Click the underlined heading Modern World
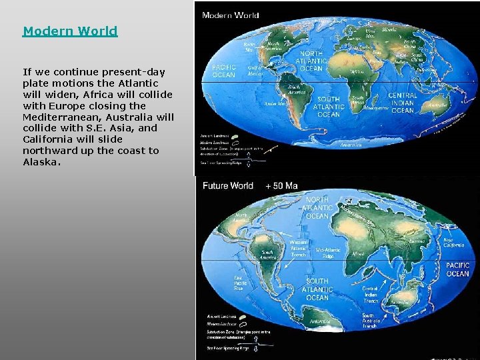click(x=70, y=31)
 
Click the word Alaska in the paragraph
click(x=41, y=162)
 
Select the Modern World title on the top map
click(x=230, y=14)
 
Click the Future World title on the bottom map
click(x=228, y=185)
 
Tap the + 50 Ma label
click(x=281, y=185)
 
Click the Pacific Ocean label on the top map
click(x=224, y=71)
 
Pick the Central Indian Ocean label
click(x=402, y=103)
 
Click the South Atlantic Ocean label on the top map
click(x=328, y=107)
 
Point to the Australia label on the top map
click(x=438, y=105)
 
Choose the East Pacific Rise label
click(x=238, y=284)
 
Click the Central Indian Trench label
click(x=370, y=295)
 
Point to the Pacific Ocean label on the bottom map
click(x=457, y=269)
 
